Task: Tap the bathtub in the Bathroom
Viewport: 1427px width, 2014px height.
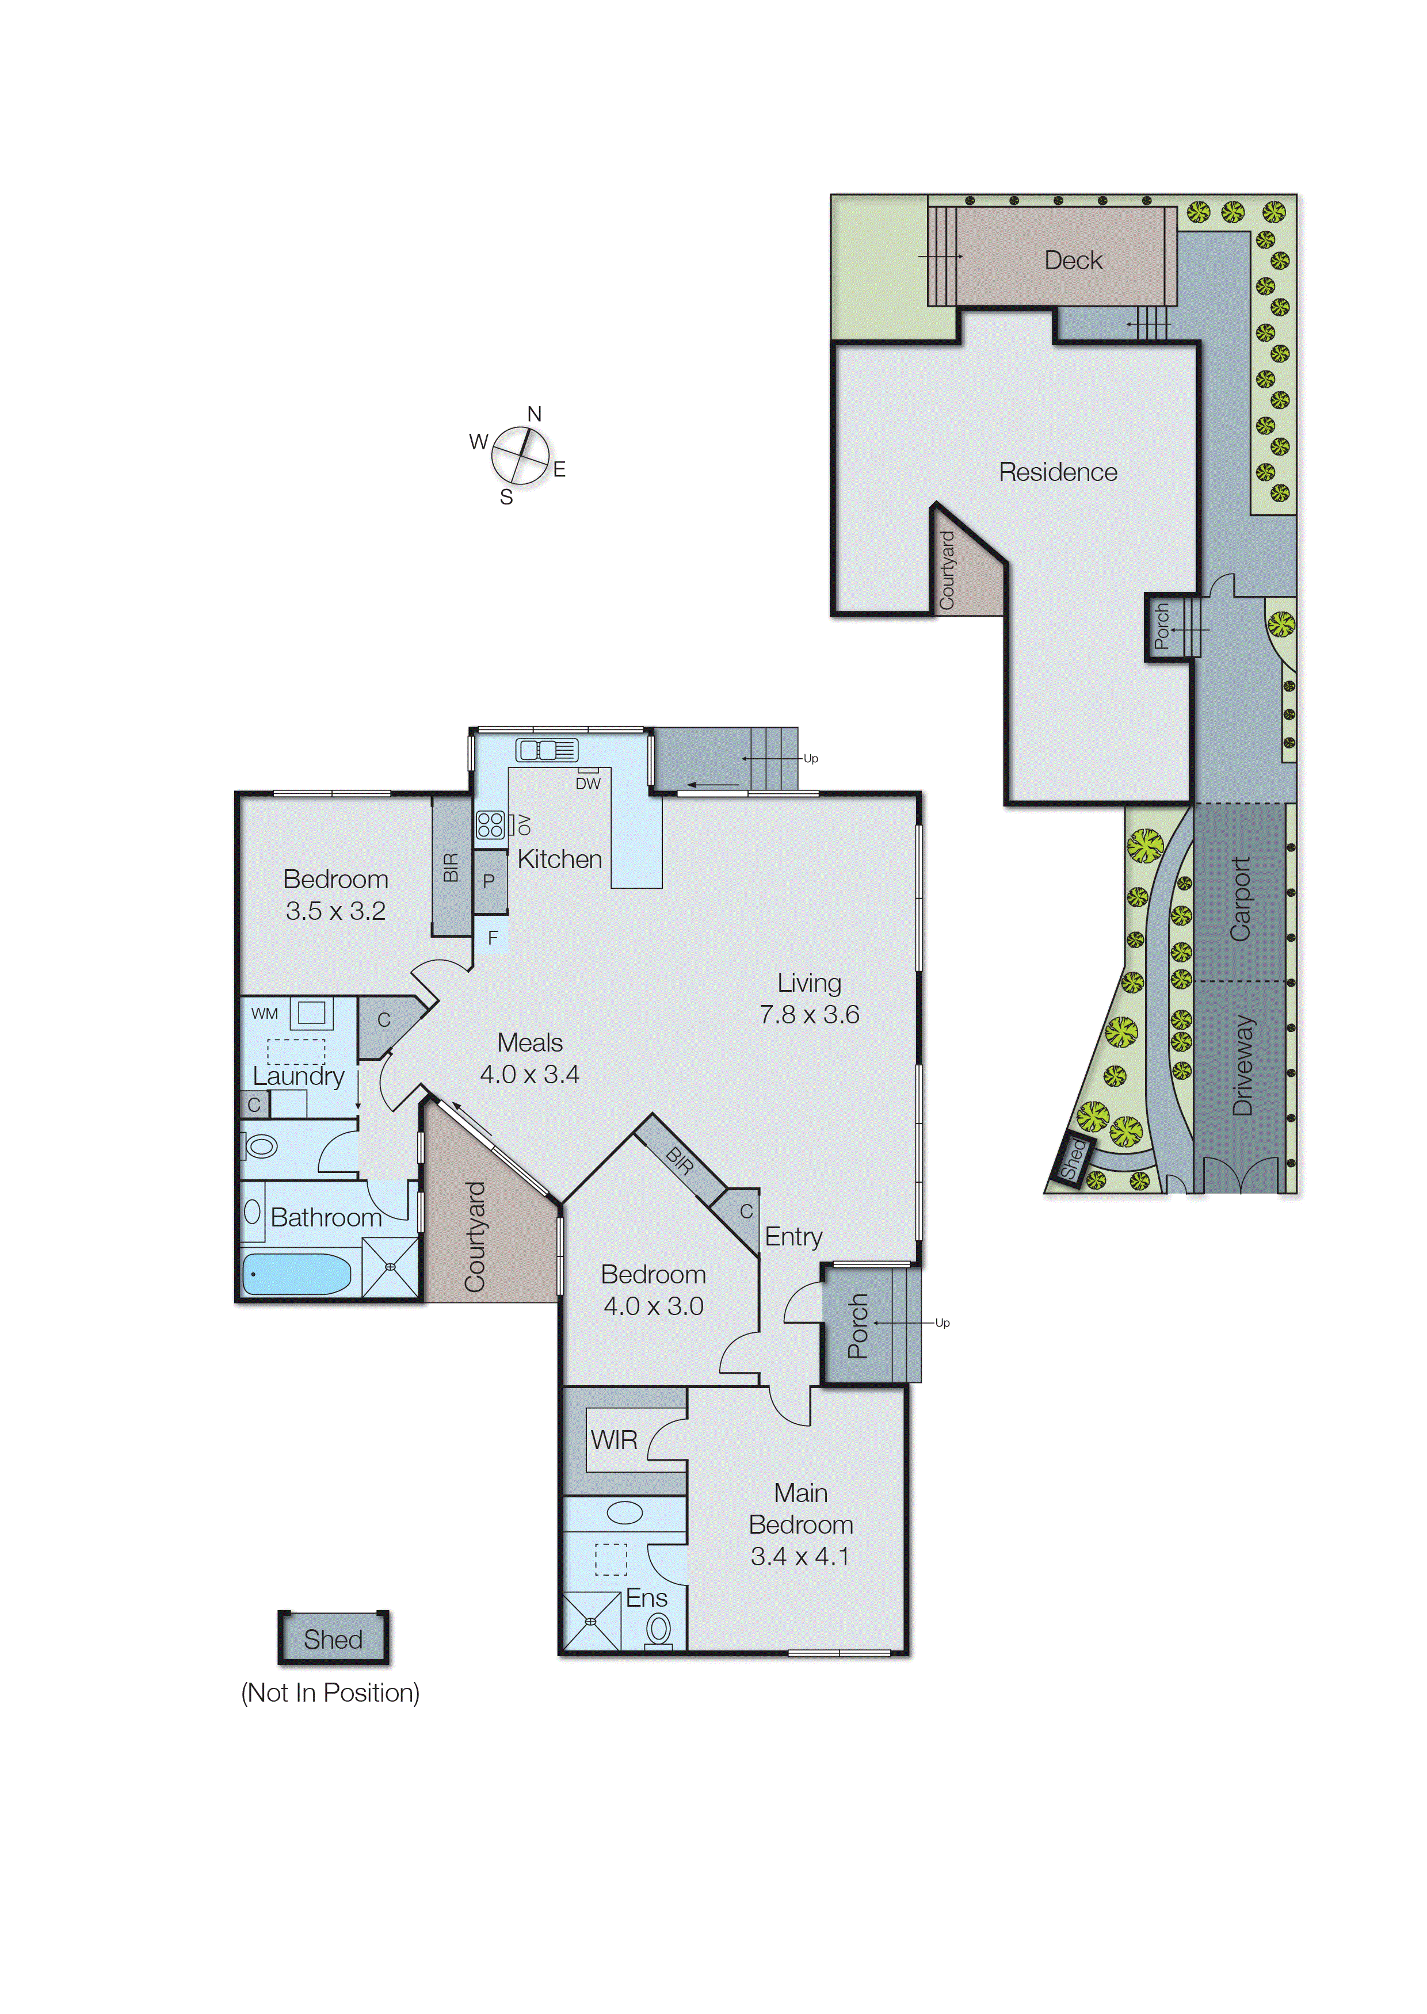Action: point(296,1274)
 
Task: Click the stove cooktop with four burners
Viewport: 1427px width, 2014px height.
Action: point(490,825)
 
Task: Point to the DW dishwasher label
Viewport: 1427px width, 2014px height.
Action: point(588,784)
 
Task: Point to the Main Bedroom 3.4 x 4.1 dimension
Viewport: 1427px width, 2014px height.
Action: point(800,1557)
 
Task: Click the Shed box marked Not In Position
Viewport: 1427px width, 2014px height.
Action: point(333,1639)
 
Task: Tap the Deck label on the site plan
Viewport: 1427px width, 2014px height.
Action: point(1073,260)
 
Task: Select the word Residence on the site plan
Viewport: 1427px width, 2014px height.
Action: point(1058,472)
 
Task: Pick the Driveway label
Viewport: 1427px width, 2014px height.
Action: point(1242,1065)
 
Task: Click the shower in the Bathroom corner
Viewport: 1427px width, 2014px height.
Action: point(390,1267)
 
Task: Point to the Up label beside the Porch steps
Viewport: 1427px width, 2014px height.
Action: point(942,1323)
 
